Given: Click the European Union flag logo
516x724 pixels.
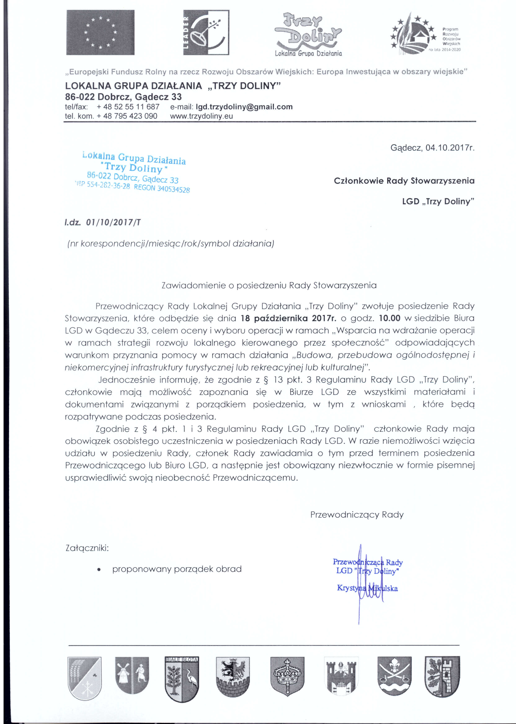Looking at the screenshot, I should [x=100, y=32].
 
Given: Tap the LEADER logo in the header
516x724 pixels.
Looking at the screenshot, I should [x=206, y=32].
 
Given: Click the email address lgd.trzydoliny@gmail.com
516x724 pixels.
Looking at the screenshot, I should [x=244, y=107].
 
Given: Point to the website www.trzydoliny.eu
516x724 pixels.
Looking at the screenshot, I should [x=201, y=116].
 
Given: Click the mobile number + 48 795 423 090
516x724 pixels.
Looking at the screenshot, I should [x=127, y=116].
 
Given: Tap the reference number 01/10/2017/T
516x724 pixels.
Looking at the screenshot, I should [x=113, y=222].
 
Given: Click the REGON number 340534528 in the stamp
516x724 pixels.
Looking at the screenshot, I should [x=173, y=189].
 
